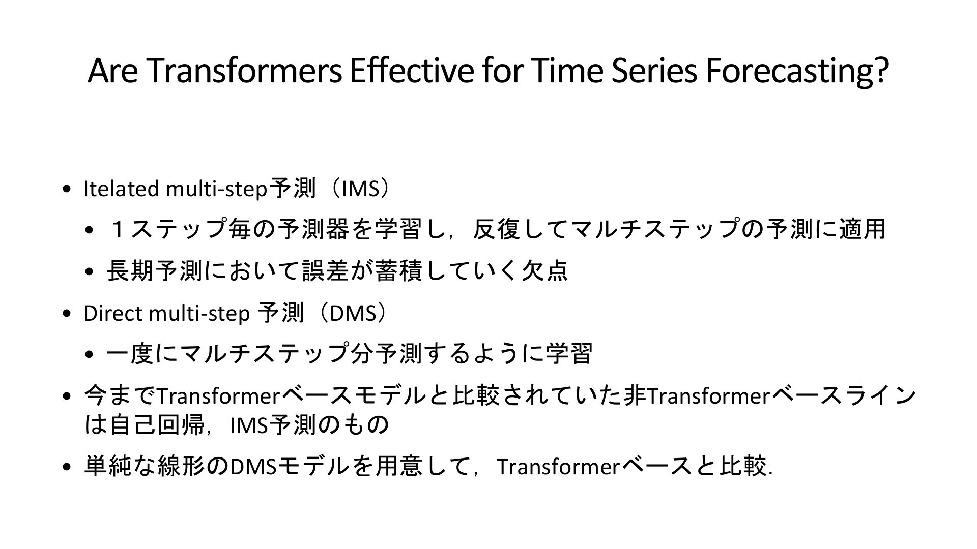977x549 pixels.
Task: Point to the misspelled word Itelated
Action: pos(122,189)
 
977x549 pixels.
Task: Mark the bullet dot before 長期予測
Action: pos(90,272)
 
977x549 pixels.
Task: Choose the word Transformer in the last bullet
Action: pos(557,466)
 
